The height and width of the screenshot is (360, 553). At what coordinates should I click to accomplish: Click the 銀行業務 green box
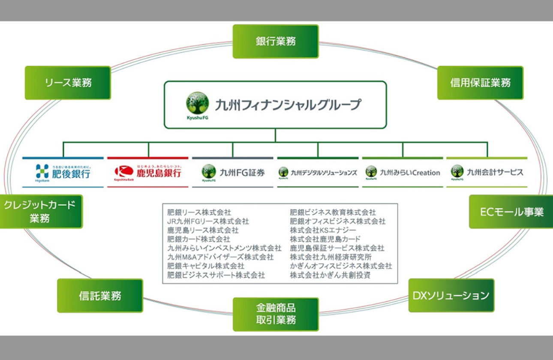click(x=276, y=41)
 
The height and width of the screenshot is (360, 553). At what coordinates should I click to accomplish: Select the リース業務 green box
click(x=68, y=83)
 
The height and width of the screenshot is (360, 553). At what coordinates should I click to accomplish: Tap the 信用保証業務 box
click(x=480, y=83)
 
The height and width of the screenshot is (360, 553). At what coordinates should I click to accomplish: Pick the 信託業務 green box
click(x=100, y=295)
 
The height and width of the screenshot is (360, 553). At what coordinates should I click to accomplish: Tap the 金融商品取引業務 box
click(x=276, y=314)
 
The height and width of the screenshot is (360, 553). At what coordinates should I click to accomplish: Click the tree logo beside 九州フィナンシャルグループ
click(x=198, y=103)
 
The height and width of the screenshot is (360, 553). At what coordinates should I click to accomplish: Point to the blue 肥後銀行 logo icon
click(x=42, y=171)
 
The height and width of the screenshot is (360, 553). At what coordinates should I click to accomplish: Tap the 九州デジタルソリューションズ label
click(x=324, y=173)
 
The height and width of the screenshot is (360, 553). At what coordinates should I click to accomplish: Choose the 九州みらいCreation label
click(x=410, y=173)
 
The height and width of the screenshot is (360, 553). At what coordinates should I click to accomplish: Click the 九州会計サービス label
click(x=495, y=173)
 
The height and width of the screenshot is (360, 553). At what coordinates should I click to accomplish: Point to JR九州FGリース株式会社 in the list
click(x=208, y=221)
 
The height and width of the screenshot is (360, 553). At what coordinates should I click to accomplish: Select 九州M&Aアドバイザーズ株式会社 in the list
click(x=220, y=257)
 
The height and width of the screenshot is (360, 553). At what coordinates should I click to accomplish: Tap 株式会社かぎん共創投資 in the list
click(x=330, y=275)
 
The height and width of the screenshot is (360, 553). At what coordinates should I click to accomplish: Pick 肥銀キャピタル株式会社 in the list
click(x=206, y=266)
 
